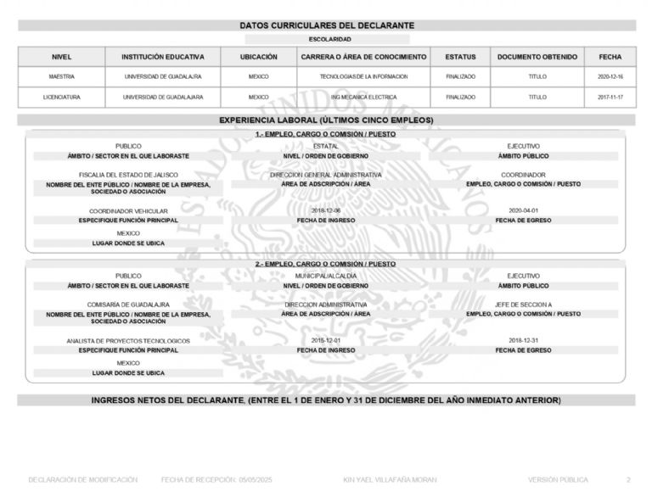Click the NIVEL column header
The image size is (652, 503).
61,57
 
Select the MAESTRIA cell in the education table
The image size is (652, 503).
61,76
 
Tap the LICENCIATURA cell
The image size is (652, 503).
61,97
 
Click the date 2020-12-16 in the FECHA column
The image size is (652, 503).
610,76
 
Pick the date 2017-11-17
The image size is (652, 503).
610,97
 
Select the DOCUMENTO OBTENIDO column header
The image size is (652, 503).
537,57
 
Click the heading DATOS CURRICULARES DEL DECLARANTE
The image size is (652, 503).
326,26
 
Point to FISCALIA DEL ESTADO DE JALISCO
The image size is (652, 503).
128,175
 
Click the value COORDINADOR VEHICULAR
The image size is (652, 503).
128,210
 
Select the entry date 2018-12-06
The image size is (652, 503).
326,210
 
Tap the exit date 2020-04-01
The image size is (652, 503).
523,210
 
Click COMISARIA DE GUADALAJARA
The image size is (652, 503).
128,304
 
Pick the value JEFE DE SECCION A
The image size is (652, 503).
523,304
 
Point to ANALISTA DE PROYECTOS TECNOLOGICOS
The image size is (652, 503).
128,340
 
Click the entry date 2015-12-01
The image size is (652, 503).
326,340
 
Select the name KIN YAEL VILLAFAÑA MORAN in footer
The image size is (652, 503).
390,480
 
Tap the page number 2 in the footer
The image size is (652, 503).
628,480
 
